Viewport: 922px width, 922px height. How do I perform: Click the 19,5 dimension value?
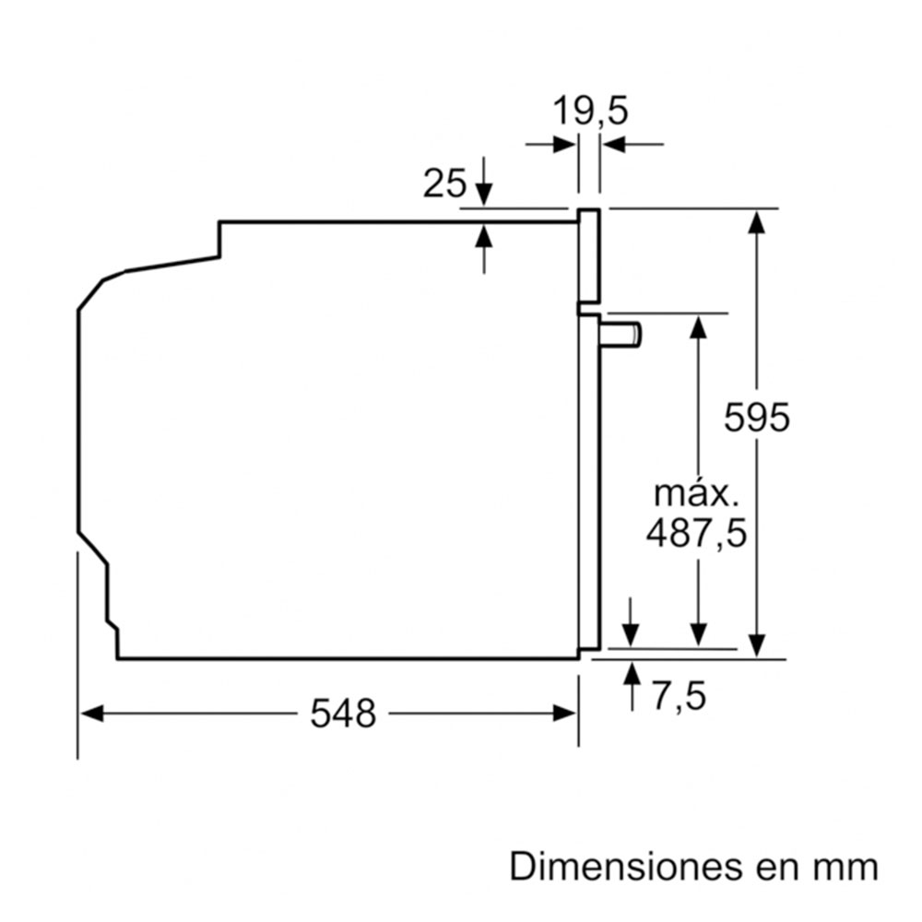pyautogui.click(x=590, y=112)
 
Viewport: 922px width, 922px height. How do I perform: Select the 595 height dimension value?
pyautogui.click(x=757, y=418)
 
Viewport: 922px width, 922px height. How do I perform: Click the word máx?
pyautogui.click(x=696, y=493)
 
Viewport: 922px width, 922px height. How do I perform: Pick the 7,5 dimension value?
pyautogui.click(x=679, y=696)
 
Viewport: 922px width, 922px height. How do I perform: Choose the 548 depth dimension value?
pyautogui.click(x=343, y=713)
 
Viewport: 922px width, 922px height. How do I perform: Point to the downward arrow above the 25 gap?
pyautogui.click(x=484, y=195)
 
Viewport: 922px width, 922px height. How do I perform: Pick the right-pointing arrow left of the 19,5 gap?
pyautogui.click(x=565, y=144)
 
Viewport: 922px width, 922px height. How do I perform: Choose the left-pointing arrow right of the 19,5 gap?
pyautogui.click(x=614, y=144)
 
